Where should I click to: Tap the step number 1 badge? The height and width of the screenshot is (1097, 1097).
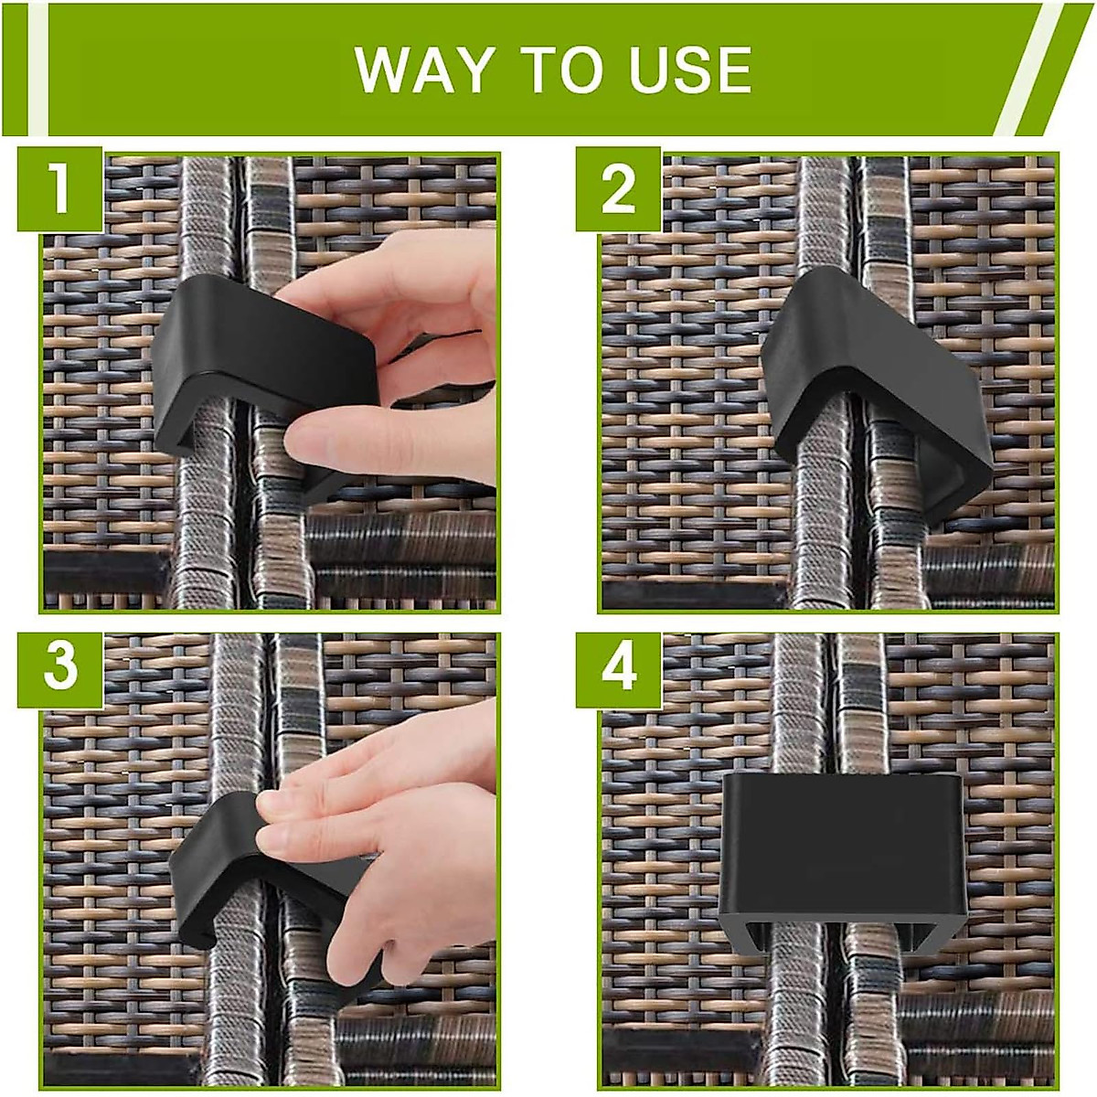tap(60, 190)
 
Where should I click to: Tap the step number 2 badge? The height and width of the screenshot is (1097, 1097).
tap(619, 190)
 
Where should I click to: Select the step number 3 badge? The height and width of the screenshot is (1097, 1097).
tap(60, 667)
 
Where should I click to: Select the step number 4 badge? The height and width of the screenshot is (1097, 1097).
tap(619, 667)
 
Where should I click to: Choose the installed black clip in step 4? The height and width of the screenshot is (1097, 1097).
tap(841, 841)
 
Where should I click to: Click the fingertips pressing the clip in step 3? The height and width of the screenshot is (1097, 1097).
tap(274, 804)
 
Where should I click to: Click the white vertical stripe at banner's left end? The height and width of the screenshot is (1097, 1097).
tap(37, 69)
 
